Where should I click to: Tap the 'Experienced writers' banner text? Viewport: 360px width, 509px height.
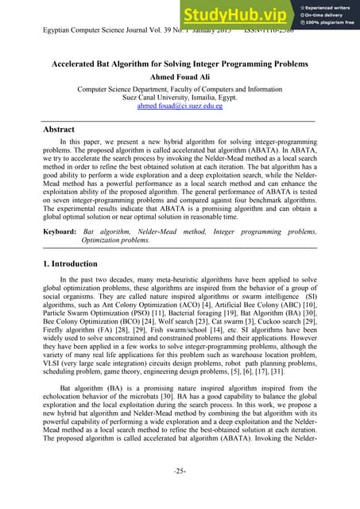[x=326, y=5]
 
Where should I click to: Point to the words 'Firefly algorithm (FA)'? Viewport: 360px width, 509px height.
[x=79, y=333]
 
